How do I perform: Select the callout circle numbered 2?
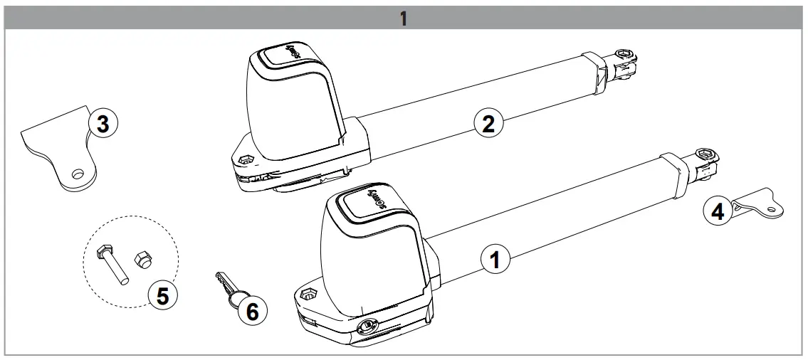[x=488, y=123]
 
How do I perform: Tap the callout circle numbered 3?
[x=102, y=125]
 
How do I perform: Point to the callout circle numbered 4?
[x=718, y=212]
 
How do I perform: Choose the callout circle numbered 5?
[x=162, y=295]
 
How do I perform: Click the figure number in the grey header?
[x=403, y=18]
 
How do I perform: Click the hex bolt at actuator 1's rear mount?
[x=308, y=294]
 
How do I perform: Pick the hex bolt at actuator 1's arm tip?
[x=705, y=153]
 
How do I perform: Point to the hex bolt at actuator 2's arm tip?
[x=624, y=53]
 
